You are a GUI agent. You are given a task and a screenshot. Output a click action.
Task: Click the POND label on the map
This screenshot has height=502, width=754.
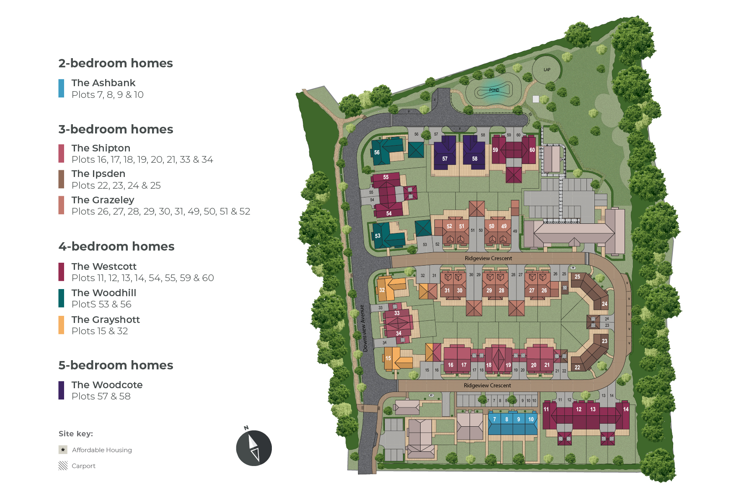494,90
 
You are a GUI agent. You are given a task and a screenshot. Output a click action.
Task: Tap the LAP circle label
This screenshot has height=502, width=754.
547,70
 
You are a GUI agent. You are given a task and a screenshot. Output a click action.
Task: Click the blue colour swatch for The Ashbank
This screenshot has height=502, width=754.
61,88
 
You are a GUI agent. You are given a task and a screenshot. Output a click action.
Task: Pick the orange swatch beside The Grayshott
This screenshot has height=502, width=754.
61,325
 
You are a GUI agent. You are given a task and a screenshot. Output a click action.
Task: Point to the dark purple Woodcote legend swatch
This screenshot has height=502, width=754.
61,390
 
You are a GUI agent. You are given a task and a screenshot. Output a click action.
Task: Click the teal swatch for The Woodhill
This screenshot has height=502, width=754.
61,298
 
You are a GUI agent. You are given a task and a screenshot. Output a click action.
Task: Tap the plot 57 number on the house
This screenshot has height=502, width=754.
445,159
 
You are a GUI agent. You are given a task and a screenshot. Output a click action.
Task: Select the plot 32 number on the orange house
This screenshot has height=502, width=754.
382,290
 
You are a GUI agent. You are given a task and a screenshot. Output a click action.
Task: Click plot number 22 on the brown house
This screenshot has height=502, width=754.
577,367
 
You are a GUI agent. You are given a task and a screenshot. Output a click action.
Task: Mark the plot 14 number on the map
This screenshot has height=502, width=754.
625,409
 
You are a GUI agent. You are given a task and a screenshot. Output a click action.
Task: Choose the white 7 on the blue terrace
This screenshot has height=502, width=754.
494,419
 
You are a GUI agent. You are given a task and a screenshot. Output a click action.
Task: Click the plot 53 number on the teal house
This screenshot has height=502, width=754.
377,236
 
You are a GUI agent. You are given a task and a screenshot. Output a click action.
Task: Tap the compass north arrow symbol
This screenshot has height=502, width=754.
254,448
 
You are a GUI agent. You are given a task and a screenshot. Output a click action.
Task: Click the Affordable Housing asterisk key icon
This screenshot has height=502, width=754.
63,450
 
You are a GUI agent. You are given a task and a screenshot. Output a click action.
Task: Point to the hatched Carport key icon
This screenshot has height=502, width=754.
63,466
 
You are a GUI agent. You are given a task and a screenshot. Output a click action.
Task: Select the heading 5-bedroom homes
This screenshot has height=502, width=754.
116,365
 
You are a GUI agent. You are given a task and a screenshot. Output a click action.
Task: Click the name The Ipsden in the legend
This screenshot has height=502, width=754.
98,174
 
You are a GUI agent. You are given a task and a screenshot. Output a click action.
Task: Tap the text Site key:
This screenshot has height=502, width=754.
76,434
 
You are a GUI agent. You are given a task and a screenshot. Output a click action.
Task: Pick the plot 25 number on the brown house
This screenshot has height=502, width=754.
577,277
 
